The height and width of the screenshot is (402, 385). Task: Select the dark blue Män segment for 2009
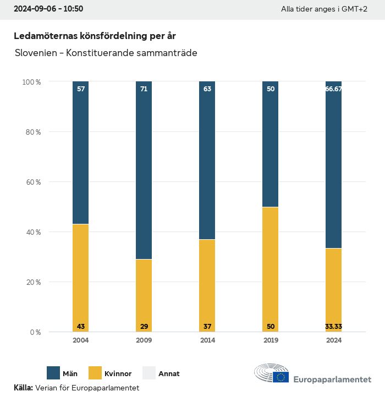pyautogui.click(x=144, y=170)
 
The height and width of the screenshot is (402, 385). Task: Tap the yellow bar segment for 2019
pyautogui.click(x=271, y=269)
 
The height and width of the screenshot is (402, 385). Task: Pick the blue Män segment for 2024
pyautogui.click(x=334, y=165)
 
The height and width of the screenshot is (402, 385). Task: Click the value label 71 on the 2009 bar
pyautogui.click(x=144, y=89)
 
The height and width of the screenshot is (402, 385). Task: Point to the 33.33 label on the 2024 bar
pyautogui.click(x=334, y=327)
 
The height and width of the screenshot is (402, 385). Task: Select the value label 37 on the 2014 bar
pyautogui.click(x=207, y=327)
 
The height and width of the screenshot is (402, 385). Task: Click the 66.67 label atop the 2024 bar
pyautogui.click(x=334, y=89)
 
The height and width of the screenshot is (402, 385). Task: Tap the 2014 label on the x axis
pyautogui.click(x=207, y=340)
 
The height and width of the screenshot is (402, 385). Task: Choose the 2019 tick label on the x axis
pyautogui.click(x=271, y=340)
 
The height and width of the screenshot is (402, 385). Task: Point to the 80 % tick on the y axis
pyautogui.click(x=31, y=132)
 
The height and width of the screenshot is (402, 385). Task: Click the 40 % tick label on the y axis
pyautogui.click(x=31, y=232)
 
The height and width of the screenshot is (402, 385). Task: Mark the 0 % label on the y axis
pyautogui.click(x=34, y=332)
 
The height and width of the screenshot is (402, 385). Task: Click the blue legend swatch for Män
pyautogui.click(x=53, y=373)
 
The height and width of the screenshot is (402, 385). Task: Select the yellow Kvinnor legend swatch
pyautogui.click(x=95, y=373)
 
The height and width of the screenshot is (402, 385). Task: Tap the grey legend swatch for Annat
pyautogui.click(x=149, y=373)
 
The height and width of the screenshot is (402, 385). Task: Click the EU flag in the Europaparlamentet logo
pyautogui.click(x=281, y=377)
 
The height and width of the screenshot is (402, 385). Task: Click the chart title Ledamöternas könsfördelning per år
pyautogui.click(x=95, y=36)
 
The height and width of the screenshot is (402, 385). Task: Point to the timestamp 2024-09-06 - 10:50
pyautogui.click(x=48, y=9)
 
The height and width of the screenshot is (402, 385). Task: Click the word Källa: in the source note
pyautogui.click(x=23, y=388)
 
